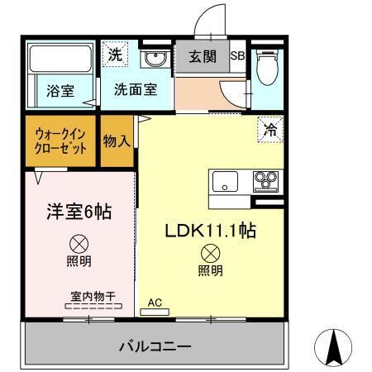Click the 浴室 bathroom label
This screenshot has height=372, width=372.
pos(60,91)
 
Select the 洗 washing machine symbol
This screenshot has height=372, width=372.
pos(114,56)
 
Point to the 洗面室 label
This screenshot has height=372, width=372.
pos(136,91)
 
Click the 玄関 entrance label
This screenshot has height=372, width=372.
pos(202,58)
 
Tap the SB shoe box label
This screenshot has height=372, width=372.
pos(237,58)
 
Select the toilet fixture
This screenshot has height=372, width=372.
pos(267,69)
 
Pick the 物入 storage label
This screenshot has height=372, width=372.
pos(117,141)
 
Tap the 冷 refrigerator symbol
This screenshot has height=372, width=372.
pos(270,129)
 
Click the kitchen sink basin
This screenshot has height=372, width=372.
pos(226,181)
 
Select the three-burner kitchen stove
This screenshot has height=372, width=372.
pos(266,180)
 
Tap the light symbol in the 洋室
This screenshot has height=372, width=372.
pos(79,244)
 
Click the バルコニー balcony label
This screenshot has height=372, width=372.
pos(155,346)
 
